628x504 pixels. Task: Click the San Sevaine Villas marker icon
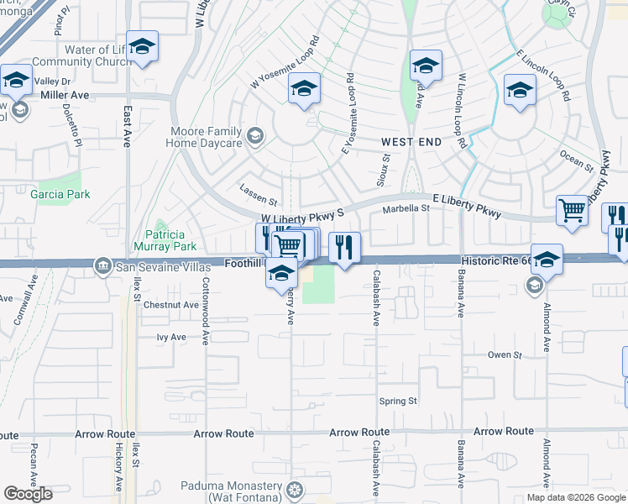102,266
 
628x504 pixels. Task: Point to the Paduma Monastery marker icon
294,489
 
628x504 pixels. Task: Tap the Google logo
29,494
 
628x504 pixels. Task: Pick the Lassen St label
258,202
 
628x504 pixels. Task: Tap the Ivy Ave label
171,337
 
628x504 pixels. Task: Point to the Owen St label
505,354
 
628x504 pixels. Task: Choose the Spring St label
398,401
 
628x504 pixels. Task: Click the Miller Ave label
65,96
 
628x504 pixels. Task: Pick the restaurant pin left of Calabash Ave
344,247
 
